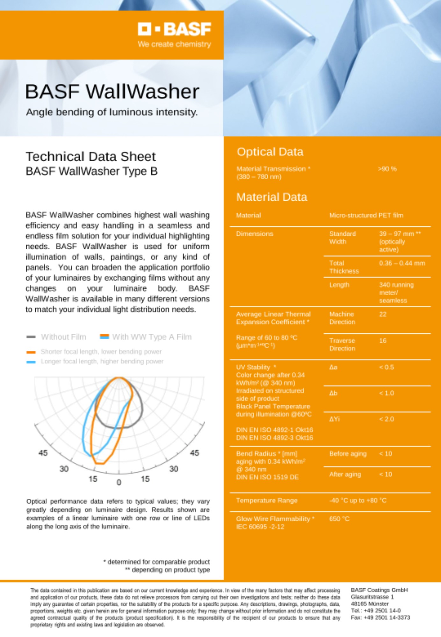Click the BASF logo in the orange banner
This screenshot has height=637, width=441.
pos(174,29)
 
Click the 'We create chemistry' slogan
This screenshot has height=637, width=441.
pos(174,44)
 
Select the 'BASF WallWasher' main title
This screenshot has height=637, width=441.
pos(112,92)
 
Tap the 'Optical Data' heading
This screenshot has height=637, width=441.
pos(270,152)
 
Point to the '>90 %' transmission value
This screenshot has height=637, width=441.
pos(387,169)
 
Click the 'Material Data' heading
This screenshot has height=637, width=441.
pos(271,197)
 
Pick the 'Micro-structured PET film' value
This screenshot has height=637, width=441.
pos(366,215)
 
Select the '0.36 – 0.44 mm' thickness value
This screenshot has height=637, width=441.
pos(402,263)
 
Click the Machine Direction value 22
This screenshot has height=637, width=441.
pos(383,314)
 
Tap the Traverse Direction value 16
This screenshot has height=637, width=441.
pos(383,341)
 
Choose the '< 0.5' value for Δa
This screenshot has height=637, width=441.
pos(386,367)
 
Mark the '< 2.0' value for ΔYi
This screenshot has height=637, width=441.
pos(386,419)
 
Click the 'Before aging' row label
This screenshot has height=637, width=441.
pos(348,454)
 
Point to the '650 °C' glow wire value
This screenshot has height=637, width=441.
pos(339,519)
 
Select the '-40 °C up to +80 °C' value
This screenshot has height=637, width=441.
pos(358,501)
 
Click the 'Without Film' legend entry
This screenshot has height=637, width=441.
pos(63,337)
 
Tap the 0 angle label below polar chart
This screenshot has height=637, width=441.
pos(119,483)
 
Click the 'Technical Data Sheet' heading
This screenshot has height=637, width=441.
pos(91,157)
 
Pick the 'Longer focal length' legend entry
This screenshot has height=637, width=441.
pos(102,361)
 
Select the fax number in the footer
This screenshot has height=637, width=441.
pos(380,618)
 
